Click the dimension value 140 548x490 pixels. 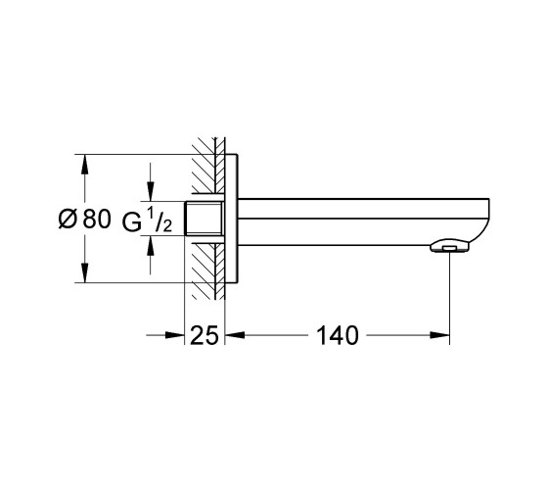point(338,335)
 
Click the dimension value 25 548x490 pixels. point(205,335)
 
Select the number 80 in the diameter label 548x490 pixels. point(97,220)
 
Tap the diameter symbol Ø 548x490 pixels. point(68,220)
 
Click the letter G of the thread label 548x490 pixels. point(132,222)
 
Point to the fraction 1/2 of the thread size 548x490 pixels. point(159,220)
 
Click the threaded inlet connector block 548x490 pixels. point(204,219)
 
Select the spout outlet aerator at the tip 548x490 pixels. point(449,246)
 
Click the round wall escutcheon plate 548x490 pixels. point(231,218)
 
